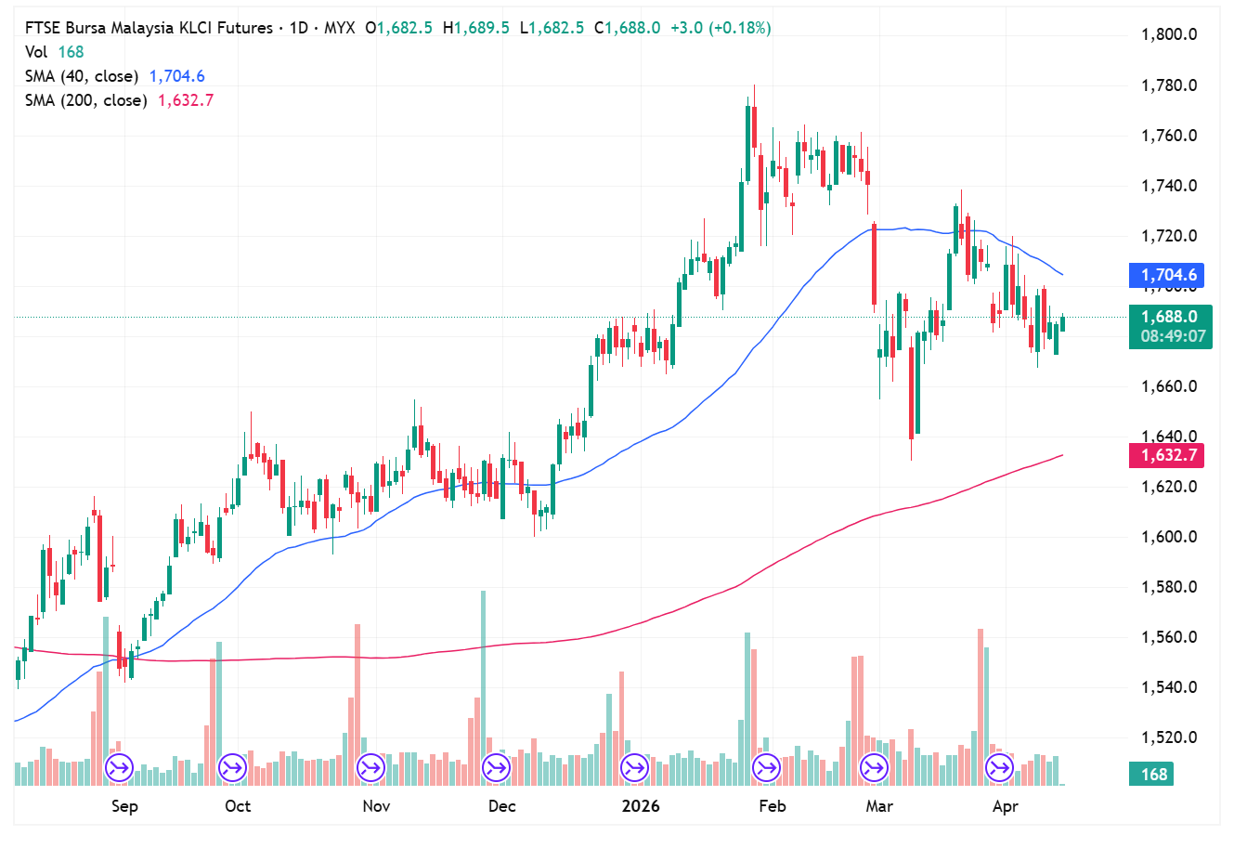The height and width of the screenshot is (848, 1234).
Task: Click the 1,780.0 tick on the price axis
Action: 1168,85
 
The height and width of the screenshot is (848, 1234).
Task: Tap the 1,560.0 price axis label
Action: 1168,637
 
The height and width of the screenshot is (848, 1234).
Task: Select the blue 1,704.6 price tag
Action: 1168,275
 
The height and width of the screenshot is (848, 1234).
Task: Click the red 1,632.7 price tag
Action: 1168,455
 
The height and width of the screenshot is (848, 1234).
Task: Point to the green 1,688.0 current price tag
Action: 1169,317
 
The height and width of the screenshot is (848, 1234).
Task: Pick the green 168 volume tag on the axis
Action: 1153,774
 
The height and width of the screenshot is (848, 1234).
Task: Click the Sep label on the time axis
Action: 124,806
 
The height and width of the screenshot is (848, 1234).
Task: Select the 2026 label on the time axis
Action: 641,806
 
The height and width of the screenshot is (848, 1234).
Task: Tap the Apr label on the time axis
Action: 1005,806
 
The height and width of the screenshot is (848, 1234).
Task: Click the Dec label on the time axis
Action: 501,806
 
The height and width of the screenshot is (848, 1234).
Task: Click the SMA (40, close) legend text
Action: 82,76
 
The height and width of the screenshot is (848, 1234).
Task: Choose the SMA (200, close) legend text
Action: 85,100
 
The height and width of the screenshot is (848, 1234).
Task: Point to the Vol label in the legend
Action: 36,52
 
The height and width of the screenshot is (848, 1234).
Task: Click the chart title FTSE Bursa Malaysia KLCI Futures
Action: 149,28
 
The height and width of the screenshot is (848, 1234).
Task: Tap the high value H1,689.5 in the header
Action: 476,28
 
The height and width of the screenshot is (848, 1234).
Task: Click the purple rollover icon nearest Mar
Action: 874,768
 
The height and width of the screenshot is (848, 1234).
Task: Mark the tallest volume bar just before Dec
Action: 483,687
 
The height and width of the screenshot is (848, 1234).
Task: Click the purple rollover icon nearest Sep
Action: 119,768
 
